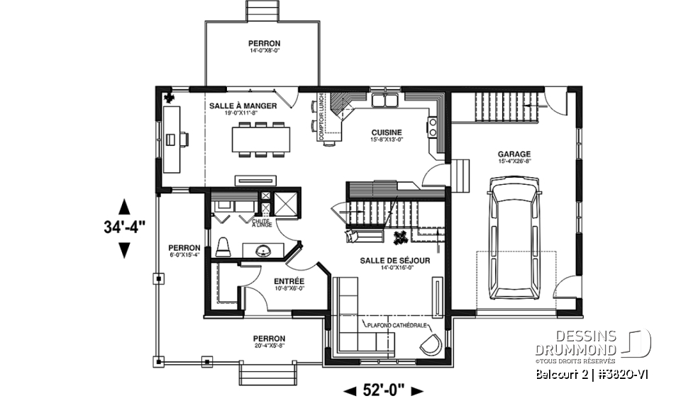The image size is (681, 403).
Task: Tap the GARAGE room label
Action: tap(514, 154)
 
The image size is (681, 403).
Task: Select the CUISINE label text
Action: tap(387, 132)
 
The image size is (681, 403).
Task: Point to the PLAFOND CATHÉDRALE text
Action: tap(396, 325)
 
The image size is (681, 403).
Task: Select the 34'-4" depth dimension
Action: tap(123, 228)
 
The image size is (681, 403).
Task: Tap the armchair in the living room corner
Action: tap(431, 345)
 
